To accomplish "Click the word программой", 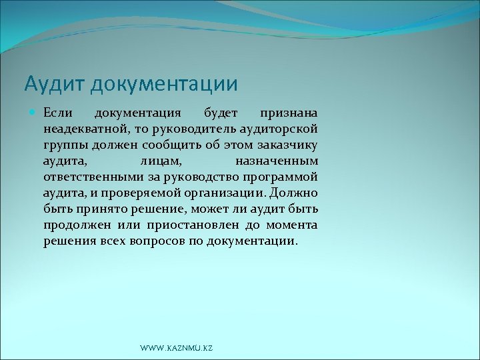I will pos(283,177).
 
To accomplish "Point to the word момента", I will pos(291,225).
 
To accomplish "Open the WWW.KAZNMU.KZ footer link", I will pos(177,349).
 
